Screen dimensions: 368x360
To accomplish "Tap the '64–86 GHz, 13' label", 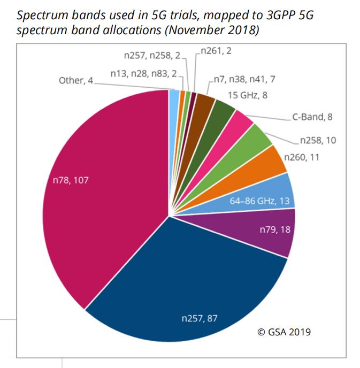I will coord(261,201).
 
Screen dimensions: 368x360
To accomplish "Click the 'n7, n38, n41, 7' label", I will coord(244,79).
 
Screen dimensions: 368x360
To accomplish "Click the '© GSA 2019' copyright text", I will coord(284,332).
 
